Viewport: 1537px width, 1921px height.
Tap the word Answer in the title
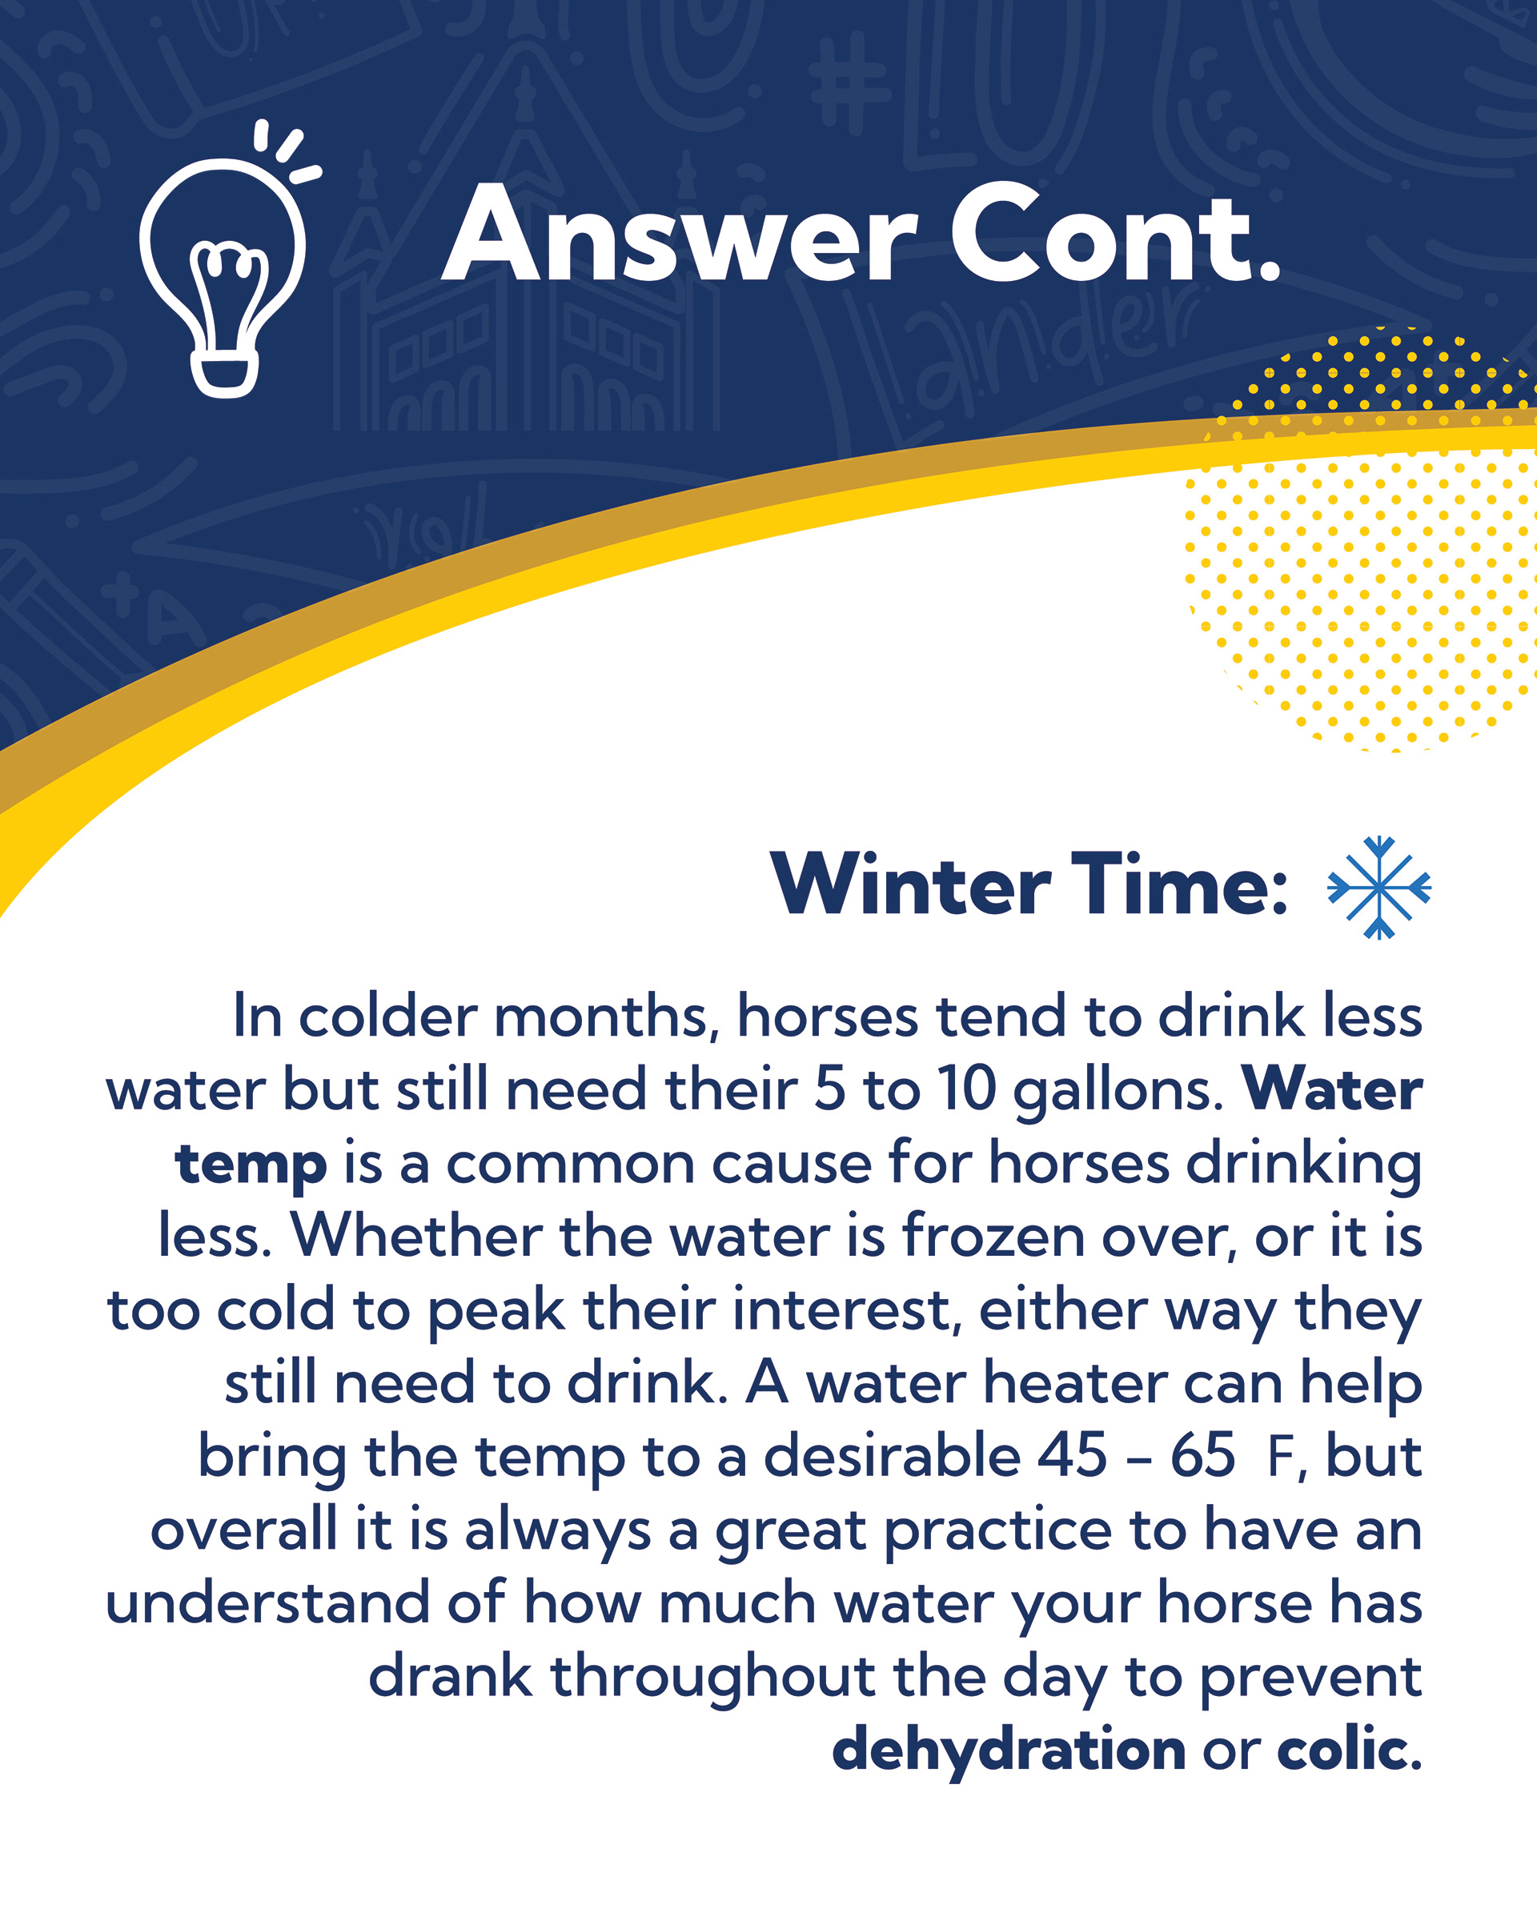[679, 234]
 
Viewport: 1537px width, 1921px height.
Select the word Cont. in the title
[1116, 234]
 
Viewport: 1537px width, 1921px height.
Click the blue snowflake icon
[1379, 888]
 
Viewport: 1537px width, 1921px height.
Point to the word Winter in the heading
[911, 884]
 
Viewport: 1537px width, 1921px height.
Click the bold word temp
[251, 1166]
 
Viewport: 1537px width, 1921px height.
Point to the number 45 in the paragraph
[1072, 1456]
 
